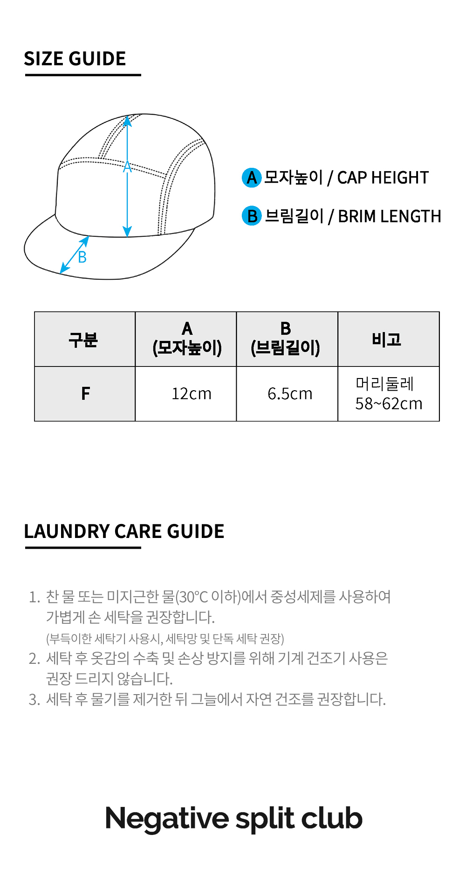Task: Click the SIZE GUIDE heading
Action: [x=75, y=59]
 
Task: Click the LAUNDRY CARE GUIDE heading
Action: [x=124, y=531]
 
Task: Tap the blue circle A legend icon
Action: [x=252, y=178]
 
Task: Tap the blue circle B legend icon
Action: [x=252, y=216]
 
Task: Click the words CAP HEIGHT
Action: [x=383, y=178]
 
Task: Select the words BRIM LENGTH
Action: [x=389, y=216]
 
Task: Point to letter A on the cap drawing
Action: [x=127, y=166]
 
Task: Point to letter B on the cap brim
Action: [x=82, y=257]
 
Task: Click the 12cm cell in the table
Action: [x=192, y=394]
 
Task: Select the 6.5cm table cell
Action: [x=290, y=394]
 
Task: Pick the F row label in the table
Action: [x=85, y=394]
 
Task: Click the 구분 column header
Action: [x=83, y=339]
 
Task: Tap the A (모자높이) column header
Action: [x=187, y=339]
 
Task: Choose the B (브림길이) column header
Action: [x=286, y=339]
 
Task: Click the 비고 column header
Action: [x=387, y=339]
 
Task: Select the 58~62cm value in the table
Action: [x=389, y=404]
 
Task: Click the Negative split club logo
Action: [x=234, y=819]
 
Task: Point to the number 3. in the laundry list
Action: [x=34, y=700]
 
